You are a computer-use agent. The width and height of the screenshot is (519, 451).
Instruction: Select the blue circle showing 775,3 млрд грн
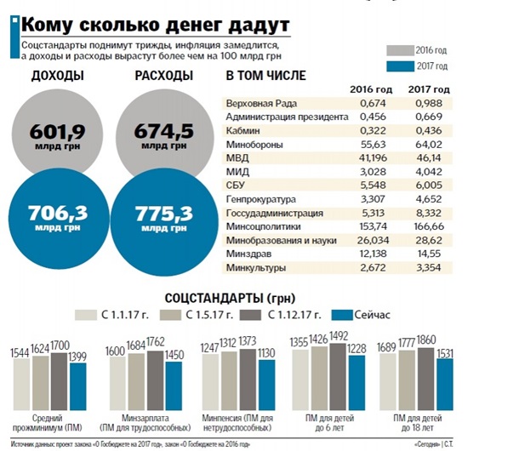point(162,216)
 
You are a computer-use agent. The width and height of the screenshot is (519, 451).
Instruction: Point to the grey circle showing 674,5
point(162,137)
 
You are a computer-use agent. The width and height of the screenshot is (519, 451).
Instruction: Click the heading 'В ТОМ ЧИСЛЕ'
point(265,76)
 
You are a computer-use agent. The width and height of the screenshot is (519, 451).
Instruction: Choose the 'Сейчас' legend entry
point(361,316)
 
